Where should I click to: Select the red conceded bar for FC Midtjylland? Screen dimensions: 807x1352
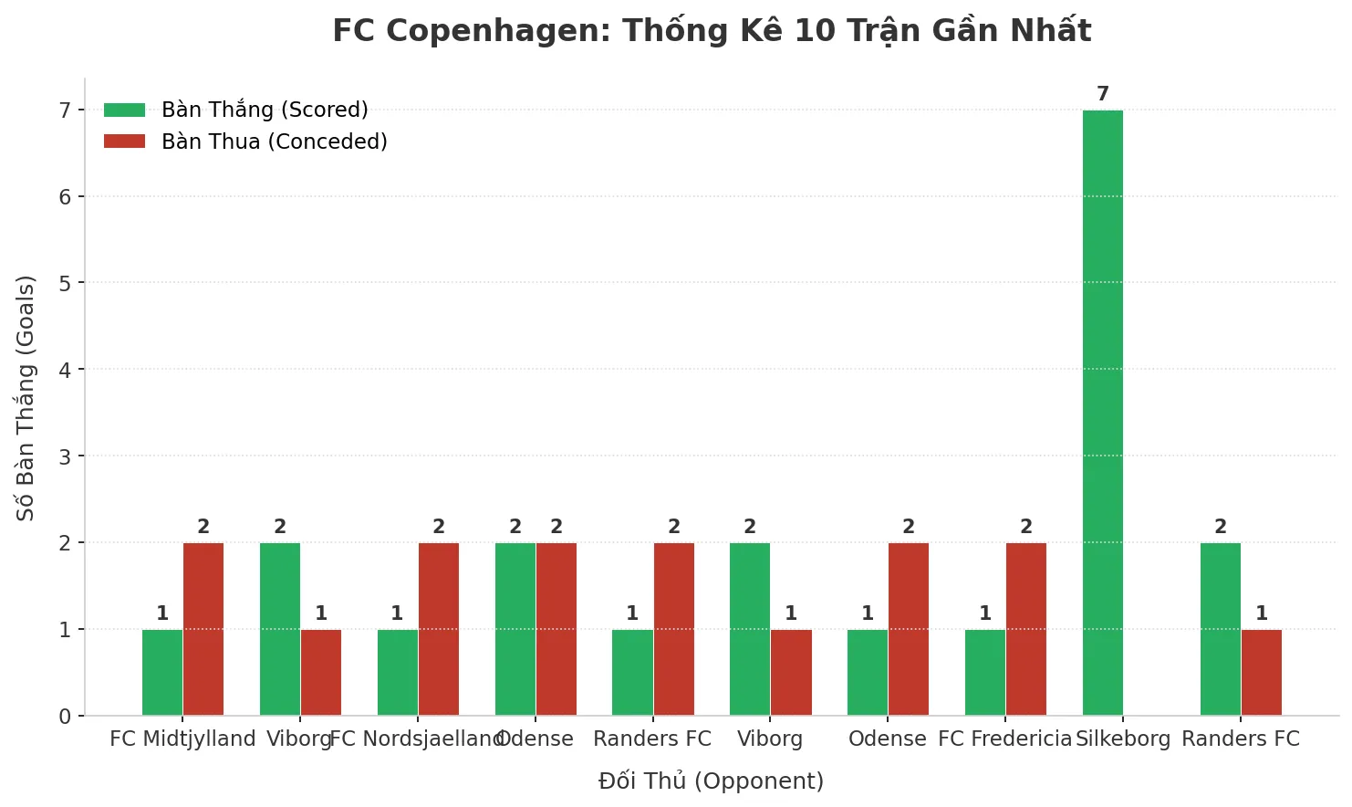coord(203,629)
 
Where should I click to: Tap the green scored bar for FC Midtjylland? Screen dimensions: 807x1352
coord(162,673)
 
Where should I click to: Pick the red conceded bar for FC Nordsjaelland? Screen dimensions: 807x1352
coord(439,629)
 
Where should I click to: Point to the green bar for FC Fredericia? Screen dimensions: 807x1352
coord(985,673)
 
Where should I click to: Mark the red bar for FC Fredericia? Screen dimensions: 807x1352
coord(1026,629)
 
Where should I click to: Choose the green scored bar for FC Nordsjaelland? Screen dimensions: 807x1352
coord(398,673)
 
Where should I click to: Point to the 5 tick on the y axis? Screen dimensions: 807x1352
coord(65,283)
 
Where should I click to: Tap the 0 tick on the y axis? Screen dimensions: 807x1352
coord(65,717)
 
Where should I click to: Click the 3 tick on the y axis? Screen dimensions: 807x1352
coord(65,456)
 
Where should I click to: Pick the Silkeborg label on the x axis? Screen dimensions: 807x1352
coord(1123,739)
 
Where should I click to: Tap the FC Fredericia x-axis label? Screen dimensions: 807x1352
coord(1005,739)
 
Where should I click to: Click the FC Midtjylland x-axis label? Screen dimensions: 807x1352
coord(182,739)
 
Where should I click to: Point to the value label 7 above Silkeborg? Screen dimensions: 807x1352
coord(1103,94)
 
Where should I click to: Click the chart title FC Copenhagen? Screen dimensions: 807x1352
coord(712,31)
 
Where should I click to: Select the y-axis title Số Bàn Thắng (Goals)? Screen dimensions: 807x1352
coord(26,397)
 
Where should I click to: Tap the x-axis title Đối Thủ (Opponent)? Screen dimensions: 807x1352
coord(712,781)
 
